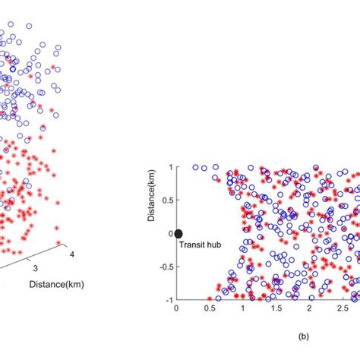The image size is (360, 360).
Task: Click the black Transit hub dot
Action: [x=178, y=234]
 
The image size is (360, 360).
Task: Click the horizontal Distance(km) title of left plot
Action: [x=56, y=284]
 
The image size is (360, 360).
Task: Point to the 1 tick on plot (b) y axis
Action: [x=170, y=167]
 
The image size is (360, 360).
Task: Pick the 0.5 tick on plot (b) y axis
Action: [x=167, y=201]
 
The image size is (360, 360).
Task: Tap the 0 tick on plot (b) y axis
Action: [x=170, y=234]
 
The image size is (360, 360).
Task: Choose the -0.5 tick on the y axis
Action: [x=166, y=267]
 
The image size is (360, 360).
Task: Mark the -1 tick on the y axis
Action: [x=169, y=300]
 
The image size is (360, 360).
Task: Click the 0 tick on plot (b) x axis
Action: [x=177, y=309]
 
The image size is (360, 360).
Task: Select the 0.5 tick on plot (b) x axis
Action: [x=210, y=309]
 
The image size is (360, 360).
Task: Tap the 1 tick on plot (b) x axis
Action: [x=243, y=309]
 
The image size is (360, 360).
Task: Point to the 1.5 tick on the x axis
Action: [x=276, y=309]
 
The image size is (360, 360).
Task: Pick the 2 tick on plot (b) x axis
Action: [x=310, y=309]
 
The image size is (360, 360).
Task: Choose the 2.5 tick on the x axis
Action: [x=343, y=309]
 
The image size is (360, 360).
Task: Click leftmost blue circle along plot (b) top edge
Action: [x=195, y=167]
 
